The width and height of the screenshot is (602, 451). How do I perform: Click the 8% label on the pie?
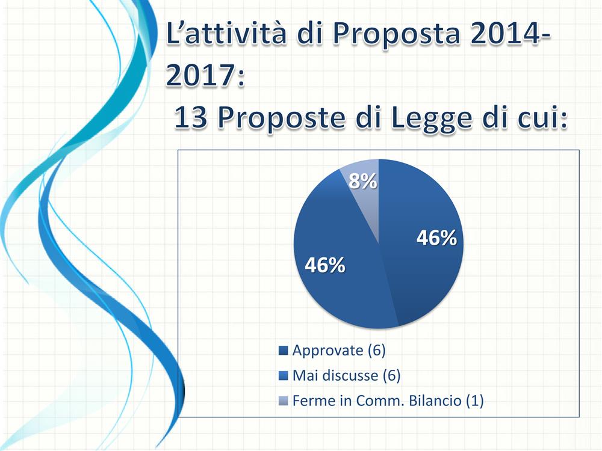[364, 181]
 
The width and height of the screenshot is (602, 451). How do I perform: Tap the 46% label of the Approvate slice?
[436, 238]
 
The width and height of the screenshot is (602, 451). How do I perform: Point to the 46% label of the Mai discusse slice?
[324, 265]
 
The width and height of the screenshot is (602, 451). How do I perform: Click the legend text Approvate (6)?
[339, 350]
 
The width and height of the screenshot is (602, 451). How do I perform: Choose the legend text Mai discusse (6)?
[346, 376]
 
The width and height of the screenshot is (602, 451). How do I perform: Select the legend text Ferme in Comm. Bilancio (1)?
[388, 401]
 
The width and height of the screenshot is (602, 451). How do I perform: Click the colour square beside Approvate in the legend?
[284, 351]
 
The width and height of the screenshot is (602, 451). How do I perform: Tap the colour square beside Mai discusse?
[284, 376]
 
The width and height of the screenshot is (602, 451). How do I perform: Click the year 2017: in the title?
[205, 76]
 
